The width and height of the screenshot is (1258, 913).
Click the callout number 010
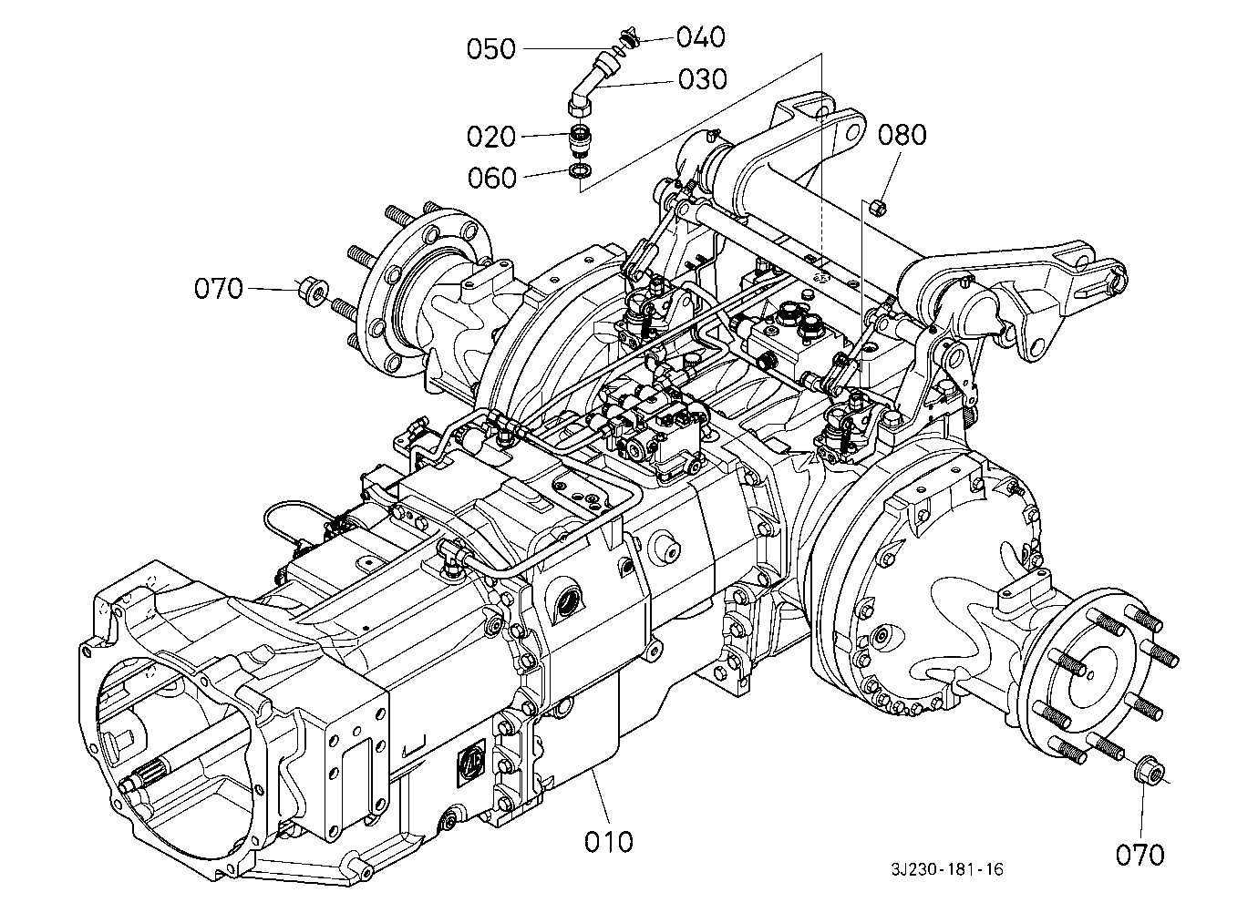click(x=608, y=842)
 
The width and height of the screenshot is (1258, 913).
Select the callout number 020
click(x=490, y=137)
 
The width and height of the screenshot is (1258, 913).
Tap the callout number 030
click(x=703, y=79)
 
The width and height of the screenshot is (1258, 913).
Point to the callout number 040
click(x=700, y=37)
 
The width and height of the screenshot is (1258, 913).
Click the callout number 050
click(x=490, y=49)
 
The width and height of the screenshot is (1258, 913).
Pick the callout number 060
click(x=491, y=178)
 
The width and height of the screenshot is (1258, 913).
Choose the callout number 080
click(x=902, y=136)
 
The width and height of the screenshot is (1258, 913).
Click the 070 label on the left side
click(x=219, y=289)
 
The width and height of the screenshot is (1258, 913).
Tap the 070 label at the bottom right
click(x=1139, y=856)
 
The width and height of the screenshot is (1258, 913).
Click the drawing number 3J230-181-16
click(x=947, y=870)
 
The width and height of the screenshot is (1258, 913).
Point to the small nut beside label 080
click(x=877, y=207)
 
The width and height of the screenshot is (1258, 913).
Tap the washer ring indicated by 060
click(x=580, y=169)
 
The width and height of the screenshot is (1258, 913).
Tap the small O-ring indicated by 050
click(x=618, y=50)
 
